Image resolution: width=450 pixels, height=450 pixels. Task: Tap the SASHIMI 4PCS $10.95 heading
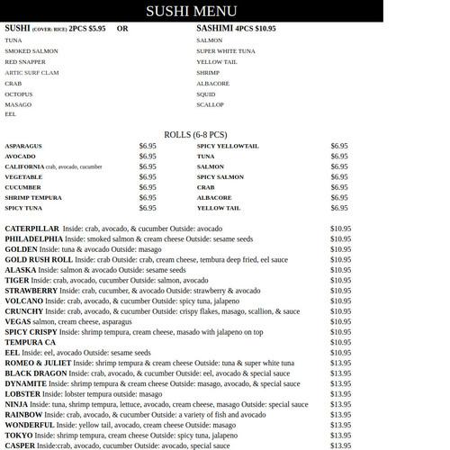pyautogui.click(x=236, y=29)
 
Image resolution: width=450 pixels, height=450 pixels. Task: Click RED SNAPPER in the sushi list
pyautogui.click(x=25, y=62)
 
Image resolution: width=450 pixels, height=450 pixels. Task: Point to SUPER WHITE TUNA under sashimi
pyautogui.click(x=225, y=51)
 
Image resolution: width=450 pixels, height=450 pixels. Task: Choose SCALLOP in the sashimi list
pyautogui.click(x=210, y=104)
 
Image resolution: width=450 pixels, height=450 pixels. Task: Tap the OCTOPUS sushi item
pyautogui.click(x=18, y=94)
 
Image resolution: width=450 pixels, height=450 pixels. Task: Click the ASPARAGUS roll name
pyautogui.click(x=22, y=146)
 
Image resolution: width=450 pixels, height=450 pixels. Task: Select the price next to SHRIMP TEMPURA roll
pyautogui.click(x=148, y=198)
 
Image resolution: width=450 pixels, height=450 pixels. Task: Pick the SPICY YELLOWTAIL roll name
pyautogui.click(x=228, y=146)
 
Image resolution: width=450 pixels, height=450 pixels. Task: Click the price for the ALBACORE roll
pyautogui.click(x=339, y=198)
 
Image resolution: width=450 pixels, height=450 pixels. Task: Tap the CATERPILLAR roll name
pyautogui.click(x=31, y=229)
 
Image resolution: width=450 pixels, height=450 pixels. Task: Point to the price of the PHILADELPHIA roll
pyautogui.click(x=340, y=239)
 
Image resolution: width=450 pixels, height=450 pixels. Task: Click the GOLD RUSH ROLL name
pyautogui.click(x=39, y=260)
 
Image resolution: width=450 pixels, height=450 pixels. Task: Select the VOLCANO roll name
pyautogui.click(x=24, y=301)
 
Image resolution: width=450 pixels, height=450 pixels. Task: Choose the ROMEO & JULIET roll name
pyautogui.click(x=38, y=363)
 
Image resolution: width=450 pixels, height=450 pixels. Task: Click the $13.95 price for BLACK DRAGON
pyautogui.click(x=340, y=373)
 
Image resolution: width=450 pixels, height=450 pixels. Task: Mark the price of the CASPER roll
pyautogui.click(x=340, y=445)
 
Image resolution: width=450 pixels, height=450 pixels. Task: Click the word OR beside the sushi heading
pyautogui.click(x=122, y=29)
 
